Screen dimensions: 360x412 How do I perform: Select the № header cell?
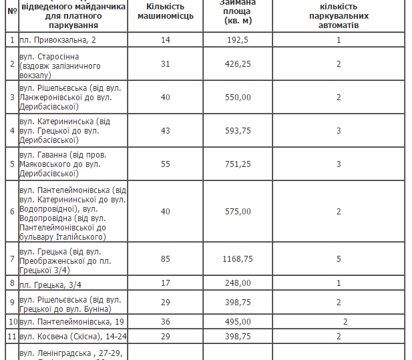tap(10, 11)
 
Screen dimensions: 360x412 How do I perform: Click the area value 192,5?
tap(237, 39)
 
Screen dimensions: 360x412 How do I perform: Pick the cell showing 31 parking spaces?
tap(166, 64)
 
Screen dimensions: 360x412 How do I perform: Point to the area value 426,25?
tap(237, 64)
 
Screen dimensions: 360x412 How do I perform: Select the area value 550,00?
tap(237, 97)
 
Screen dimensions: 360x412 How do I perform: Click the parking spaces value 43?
tap(166, 130)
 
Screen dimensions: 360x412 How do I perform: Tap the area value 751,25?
tap(237, 164)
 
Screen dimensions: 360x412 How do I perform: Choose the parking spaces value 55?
tap(166, 164)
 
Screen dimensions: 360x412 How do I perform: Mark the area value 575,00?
tap(237, 212)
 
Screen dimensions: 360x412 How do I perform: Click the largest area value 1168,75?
tap(237, 259)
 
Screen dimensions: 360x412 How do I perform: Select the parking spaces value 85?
tap(166, 259)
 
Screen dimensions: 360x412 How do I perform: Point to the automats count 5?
tap(339, 259)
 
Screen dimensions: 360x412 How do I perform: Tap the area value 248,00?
tap(237, 283)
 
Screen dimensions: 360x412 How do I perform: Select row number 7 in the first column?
tap(10, 259)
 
